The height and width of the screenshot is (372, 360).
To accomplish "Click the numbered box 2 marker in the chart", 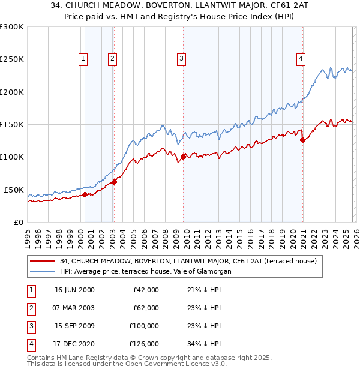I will [x=112, y=58].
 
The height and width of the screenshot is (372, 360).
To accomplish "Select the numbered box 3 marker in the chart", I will [x=181, y=58].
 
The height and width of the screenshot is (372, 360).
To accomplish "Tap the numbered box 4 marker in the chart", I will [x=301, y=58].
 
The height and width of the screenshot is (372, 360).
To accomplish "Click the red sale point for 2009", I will [x=182, y=157].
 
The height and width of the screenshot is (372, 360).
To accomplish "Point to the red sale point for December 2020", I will [x=302, y=140].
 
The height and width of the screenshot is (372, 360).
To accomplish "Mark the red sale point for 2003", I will [x=114, y=182].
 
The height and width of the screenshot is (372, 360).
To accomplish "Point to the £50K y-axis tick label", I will [x=14, y=190].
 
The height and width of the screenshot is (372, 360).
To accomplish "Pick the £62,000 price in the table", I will [x=146, y=308].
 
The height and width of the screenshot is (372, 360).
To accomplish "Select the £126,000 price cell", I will [x=144, y=344].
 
